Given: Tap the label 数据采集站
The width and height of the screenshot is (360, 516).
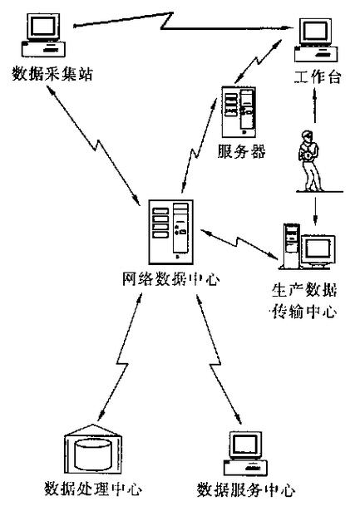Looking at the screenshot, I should click(48, 74).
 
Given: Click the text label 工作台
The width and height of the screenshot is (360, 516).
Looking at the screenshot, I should click(317, 80).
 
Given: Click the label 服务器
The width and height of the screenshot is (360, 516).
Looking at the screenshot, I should click(239, 152).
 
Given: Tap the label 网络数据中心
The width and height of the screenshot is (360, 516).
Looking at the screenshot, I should click(166, 280).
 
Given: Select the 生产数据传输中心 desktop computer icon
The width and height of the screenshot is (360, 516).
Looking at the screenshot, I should click(308, 247).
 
